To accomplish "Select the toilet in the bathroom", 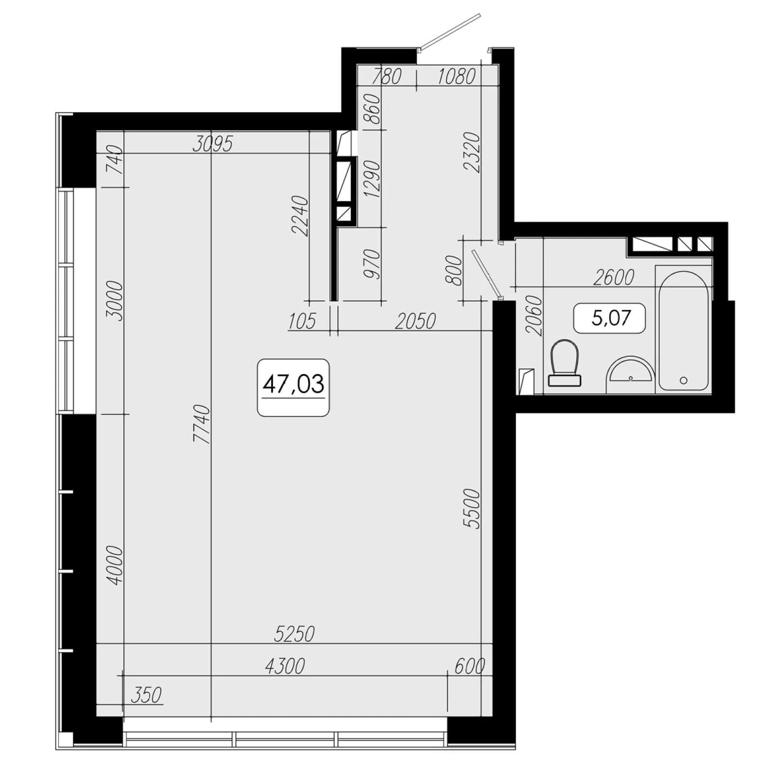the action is [565, 362].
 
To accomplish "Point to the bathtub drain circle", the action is [684, 380].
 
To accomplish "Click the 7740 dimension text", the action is [203, 424].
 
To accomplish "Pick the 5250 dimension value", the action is [294, 634].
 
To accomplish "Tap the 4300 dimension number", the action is [285, 666].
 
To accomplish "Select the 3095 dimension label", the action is [213, 144].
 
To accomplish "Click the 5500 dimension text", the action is [472, 509].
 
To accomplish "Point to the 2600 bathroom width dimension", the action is [614, 277].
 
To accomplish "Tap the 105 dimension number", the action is [302, 321].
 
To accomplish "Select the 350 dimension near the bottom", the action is [146, 695].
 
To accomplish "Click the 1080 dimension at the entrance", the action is [456, 77].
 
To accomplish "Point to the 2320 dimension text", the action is [472, 152].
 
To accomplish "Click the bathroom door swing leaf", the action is [486, 273].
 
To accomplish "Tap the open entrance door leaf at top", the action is [449, 31].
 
